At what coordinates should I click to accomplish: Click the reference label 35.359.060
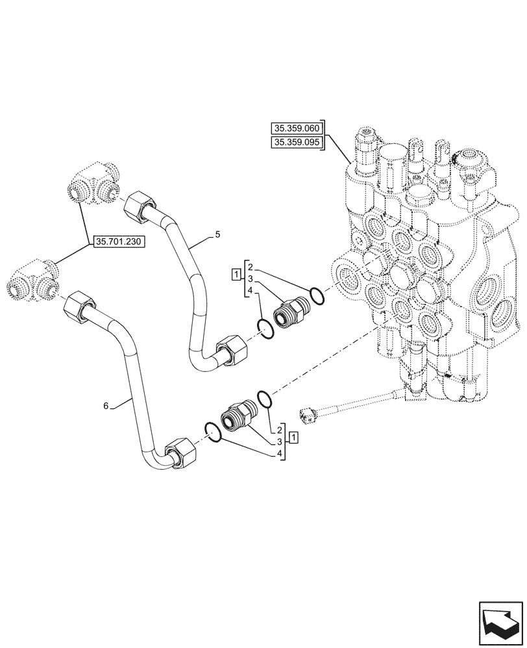point(297,129)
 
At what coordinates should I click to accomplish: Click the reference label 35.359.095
point(297,143)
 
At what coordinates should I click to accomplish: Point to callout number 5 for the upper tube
point(218,234)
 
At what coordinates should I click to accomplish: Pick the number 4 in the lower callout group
point(280,454)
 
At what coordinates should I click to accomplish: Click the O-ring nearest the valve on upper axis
point(317,295)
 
